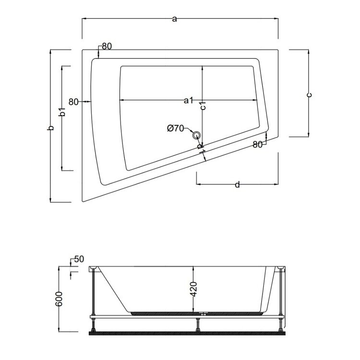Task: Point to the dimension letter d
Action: point(237,185)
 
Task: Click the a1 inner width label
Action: point(188,100)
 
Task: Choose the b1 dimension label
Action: point(61,113)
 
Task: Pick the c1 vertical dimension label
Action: point(203,107)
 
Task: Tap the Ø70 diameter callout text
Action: point(176,128)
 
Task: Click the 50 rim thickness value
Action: point(79,259)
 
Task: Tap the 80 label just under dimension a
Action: point(107,47)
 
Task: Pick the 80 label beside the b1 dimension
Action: point(73,101)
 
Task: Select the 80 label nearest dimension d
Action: point(257,144)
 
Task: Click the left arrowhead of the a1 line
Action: point(121,100)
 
